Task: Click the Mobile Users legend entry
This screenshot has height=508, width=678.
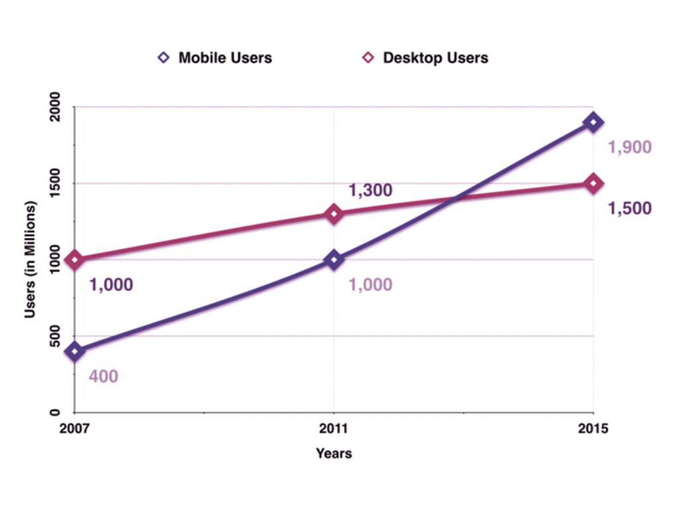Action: point(216,58)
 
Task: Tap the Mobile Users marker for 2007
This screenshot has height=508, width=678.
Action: point(75,351)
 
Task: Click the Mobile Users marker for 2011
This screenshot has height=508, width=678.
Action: point(334,259)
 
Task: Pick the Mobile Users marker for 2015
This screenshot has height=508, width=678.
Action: point(593,122)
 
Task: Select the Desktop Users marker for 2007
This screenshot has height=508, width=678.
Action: point(75,259)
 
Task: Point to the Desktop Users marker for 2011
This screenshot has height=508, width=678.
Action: point(334,214)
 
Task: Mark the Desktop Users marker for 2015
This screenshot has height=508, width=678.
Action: point(593,183)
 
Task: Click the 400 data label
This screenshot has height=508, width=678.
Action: point(104,376)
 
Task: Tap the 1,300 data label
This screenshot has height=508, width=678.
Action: point(371,191)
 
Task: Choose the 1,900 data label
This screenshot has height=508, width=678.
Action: point(630,148)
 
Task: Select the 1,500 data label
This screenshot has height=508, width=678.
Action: point(630,208)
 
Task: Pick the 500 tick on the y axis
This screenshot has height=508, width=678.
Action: point(56,336)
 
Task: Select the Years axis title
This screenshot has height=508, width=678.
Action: point(334,454)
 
